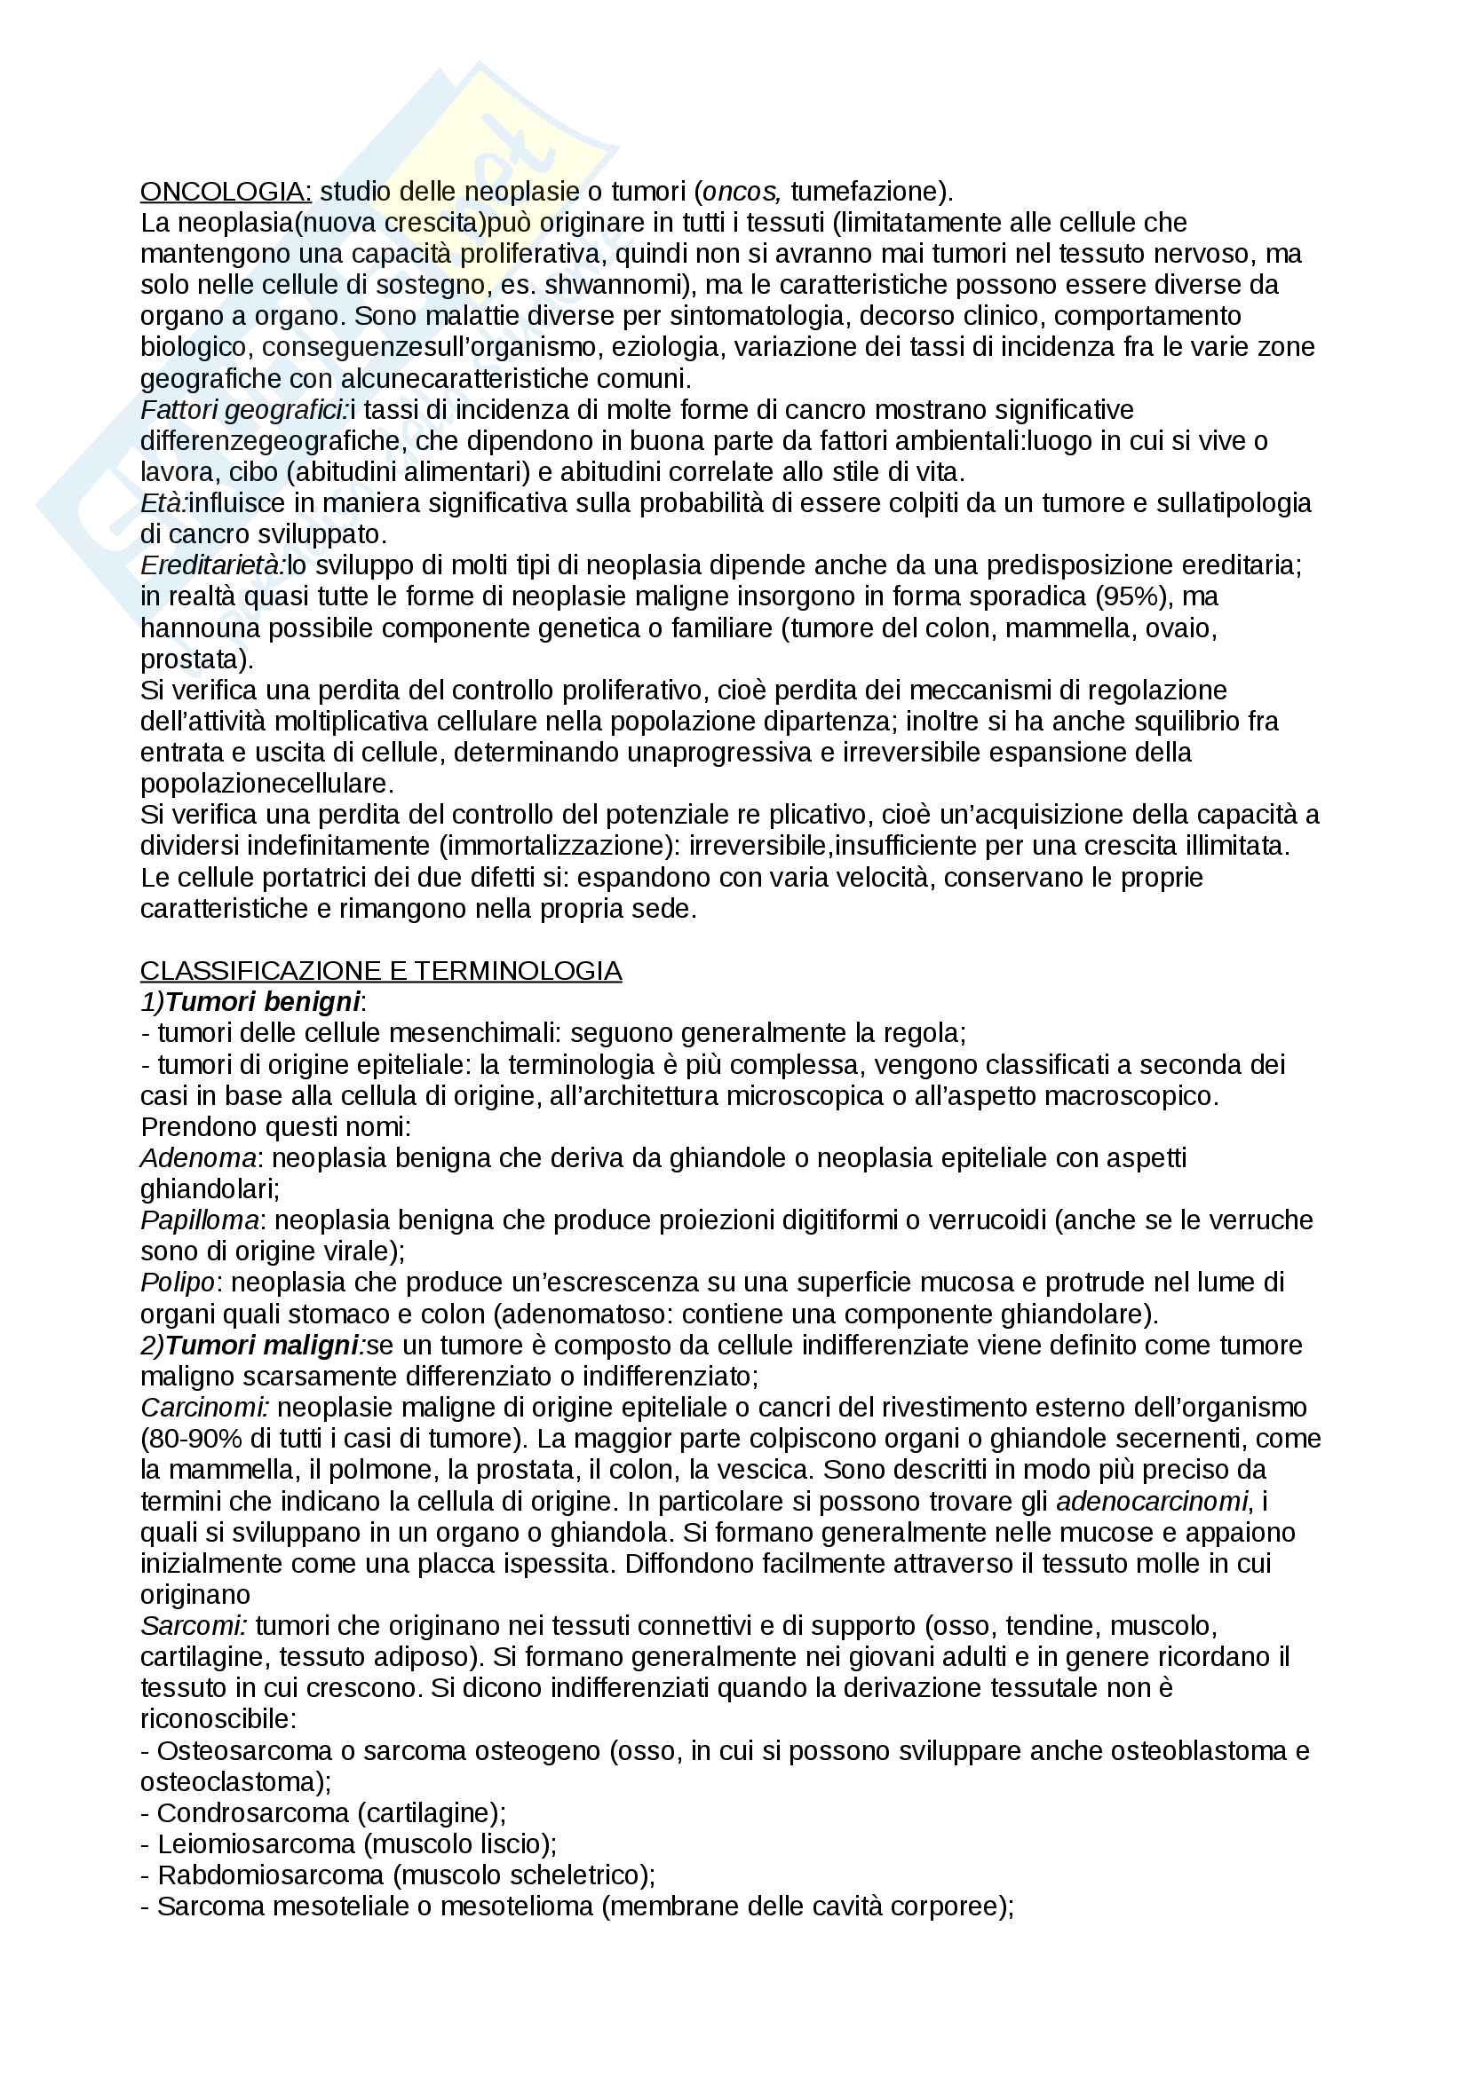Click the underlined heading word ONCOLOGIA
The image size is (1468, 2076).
click(226, 192)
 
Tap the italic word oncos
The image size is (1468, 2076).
click(741, 192)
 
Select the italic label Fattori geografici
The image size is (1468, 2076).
click(243, 411)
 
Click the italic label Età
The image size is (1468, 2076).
click(163, 503)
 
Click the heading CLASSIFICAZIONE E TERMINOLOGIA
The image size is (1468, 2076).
click(381, 971)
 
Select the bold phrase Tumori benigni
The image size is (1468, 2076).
click(262, 1002)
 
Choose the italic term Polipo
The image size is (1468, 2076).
click(178, 1283)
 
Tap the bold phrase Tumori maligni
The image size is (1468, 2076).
click(262, 1346)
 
